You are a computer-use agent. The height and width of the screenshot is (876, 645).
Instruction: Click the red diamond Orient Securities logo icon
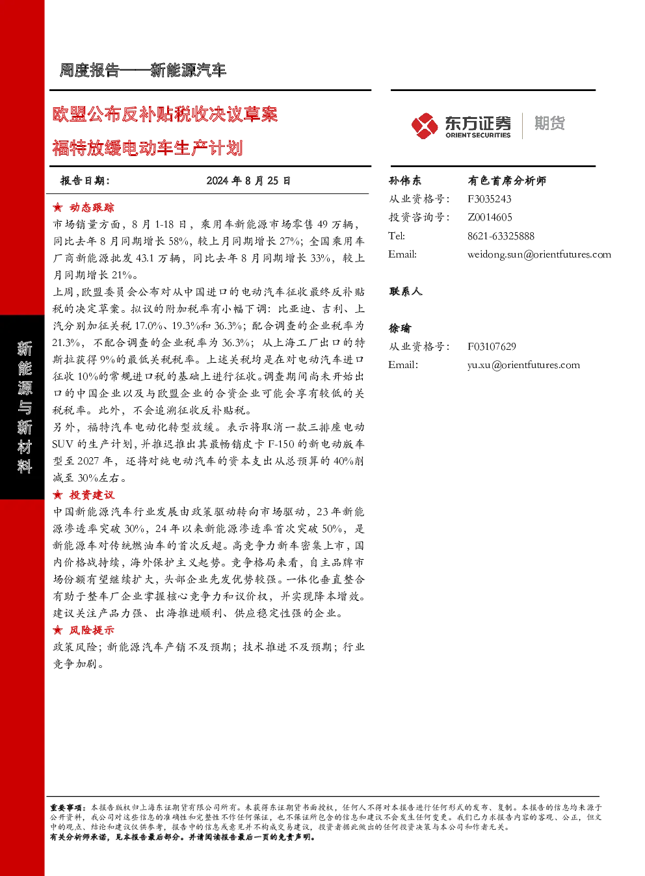425,126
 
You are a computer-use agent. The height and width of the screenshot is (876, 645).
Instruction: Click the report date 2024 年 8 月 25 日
248,181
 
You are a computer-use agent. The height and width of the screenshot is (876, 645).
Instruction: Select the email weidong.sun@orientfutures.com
539,254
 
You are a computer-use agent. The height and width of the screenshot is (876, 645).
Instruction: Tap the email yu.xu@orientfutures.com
523,365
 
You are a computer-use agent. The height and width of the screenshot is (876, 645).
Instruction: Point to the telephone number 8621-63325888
501,236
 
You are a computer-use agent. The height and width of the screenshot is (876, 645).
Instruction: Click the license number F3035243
490,199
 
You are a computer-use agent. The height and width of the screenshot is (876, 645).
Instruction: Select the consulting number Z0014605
490,217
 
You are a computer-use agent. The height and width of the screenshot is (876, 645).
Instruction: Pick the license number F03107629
492,347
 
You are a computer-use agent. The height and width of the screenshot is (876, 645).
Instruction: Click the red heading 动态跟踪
92,207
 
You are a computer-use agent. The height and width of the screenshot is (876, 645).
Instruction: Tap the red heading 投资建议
92,495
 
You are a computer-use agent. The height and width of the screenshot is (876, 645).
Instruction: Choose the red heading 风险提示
92,630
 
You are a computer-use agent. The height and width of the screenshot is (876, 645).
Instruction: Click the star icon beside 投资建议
58,495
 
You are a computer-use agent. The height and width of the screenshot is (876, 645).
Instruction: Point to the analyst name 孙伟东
405,181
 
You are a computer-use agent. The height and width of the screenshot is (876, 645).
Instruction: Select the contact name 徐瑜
399,328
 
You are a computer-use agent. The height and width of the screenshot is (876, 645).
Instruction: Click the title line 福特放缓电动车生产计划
148,148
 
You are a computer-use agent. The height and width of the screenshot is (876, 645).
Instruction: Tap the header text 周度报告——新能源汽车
142,70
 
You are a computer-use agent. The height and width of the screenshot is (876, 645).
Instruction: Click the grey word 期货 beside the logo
549,123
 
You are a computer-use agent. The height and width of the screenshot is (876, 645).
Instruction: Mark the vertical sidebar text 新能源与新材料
25,407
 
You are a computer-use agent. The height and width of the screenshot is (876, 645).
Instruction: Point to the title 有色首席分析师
507,181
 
